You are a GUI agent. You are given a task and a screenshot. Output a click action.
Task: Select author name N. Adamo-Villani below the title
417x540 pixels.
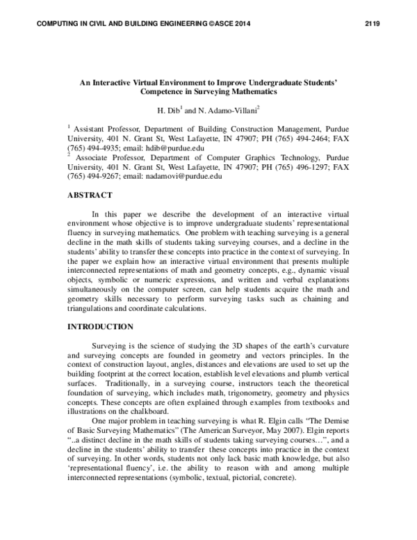pyautogui.click(x=223, y=110)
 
